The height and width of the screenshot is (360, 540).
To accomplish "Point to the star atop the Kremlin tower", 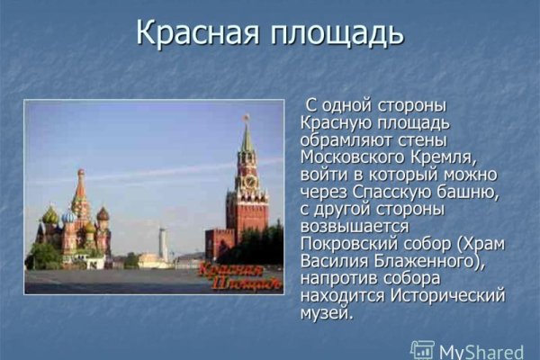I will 245,117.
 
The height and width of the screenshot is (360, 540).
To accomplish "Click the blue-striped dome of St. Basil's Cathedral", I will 68,217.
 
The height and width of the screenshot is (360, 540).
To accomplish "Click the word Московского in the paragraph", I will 352,156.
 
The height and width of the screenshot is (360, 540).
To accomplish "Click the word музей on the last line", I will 325,313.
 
